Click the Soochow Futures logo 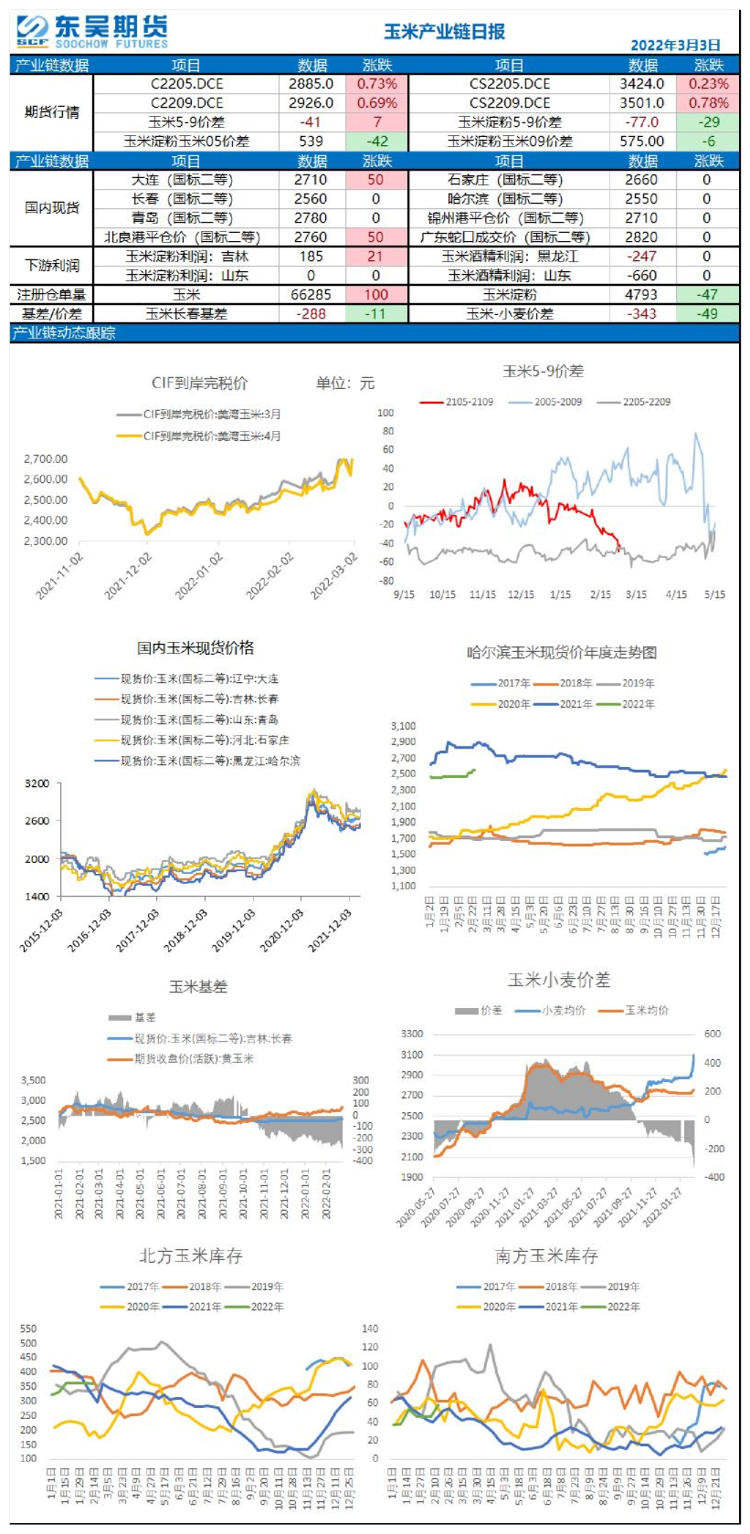click(x=91, y=31)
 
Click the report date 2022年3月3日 click(x=675, y=45)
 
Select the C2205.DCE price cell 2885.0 click(x=311, y=83)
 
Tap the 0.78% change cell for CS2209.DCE click(x=708, y=102)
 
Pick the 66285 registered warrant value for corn click(x=311, y=294)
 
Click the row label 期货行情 click(x=52, y=111)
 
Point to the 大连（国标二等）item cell click(x=186, y=179)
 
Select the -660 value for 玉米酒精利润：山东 click(x=642, y=275)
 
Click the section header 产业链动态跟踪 click(x=64, y=332)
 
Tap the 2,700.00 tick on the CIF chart click(x=46, y=458)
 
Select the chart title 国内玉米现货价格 click(x=195, y=647)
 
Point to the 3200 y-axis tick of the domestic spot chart click(x=37, y=783)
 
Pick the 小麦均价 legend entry click(x=563, y=1010)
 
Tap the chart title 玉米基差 click(x=198, y=986)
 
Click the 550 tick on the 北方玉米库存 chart click(x=28, y=1329)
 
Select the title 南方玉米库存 click(x=546, y=1256)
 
